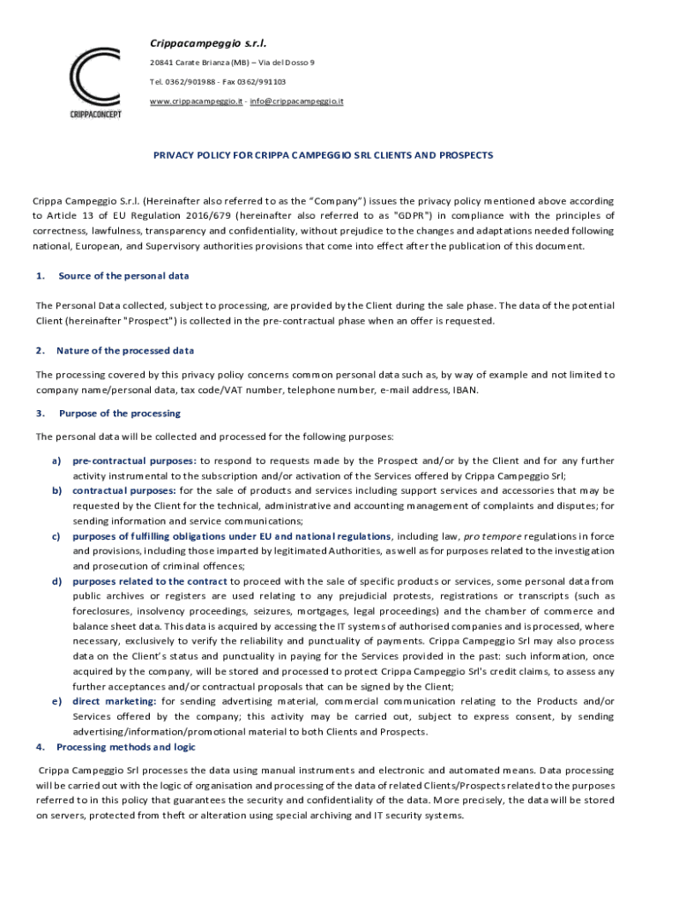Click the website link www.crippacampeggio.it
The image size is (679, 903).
196,101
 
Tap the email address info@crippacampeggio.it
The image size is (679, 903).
296,101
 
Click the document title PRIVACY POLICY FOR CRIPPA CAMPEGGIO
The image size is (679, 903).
324,155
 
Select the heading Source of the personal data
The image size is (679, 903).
123,276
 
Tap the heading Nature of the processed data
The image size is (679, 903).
125,351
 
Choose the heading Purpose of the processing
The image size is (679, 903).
120,413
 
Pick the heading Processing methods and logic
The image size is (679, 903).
126,747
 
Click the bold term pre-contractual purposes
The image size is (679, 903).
134,460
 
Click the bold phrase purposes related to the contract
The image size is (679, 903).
150,581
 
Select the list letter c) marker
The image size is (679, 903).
56,536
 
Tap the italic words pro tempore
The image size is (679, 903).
487,536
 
